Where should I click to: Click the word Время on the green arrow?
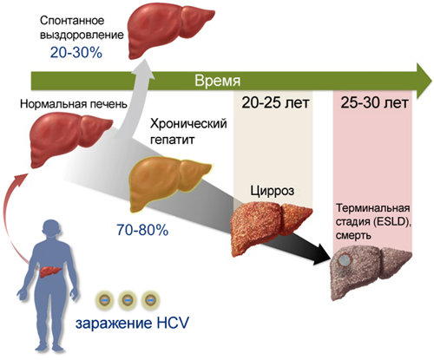217,81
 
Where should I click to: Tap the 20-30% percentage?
76,53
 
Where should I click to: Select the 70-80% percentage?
142,230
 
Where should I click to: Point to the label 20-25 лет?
275,102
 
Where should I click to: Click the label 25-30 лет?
374,102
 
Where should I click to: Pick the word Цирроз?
273,191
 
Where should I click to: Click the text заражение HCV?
132,323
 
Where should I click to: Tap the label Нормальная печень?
74,104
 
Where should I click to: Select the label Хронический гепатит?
188,132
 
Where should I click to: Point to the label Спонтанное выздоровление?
82,28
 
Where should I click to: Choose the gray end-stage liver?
371,272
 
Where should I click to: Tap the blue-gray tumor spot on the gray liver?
345,260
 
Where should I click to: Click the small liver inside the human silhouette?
50,272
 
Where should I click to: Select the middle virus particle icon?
128,300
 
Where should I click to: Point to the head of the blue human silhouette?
51,229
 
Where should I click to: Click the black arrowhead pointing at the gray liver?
323,254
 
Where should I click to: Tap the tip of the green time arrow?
432,81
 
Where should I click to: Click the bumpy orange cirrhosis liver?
271,229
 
